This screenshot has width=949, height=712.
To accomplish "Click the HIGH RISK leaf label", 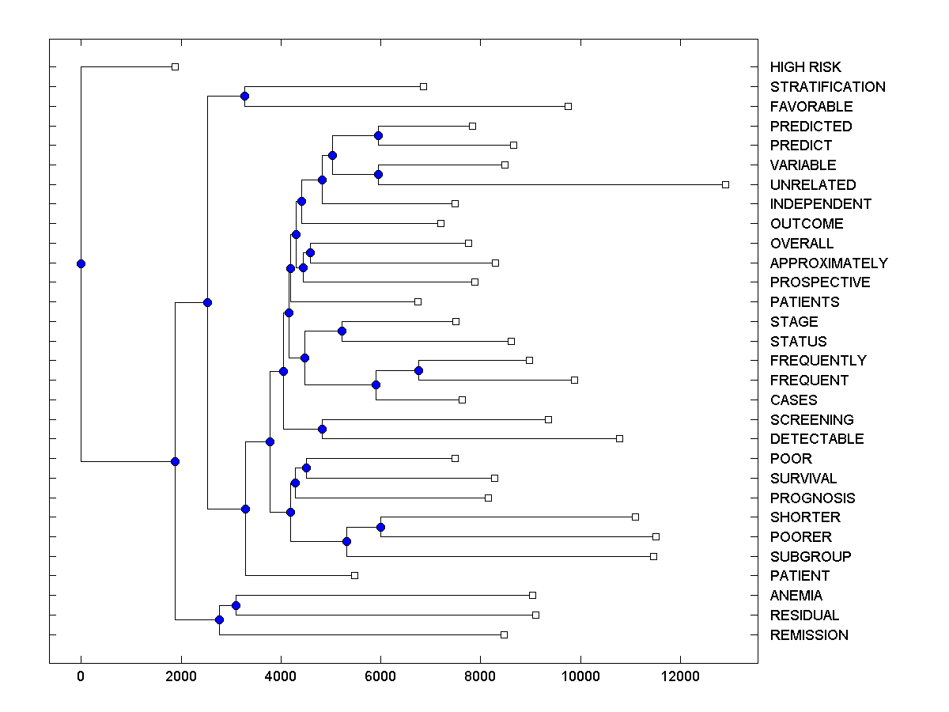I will coord(805,67).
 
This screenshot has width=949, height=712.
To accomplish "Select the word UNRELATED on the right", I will coord(812,184).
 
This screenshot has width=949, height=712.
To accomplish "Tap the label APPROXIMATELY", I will coord(828,263).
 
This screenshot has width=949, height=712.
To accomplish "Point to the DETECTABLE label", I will coord(816,439).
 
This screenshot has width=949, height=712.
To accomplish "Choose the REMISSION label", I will coord(808,635).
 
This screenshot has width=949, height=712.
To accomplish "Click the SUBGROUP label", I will coord(810,557).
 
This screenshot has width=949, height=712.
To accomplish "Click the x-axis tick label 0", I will coord(81,676).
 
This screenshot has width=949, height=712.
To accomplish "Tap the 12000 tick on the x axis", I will coord(680,676).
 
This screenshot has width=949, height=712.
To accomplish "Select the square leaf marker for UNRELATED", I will coord(725,184).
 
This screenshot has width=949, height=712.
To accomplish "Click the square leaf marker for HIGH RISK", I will coord(176,66).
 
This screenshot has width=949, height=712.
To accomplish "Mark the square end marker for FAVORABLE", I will coord(568,106).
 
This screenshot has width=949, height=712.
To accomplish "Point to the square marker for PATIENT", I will coord(354,575).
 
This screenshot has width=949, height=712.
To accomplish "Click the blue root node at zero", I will coord(81,263).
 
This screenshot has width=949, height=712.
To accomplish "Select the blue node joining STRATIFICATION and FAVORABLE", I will coord(244,96).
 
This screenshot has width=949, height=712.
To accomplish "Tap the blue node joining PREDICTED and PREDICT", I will coord(378,135).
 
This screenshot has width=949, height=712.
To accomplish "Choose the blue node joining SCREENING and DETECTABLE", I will coord(322,429).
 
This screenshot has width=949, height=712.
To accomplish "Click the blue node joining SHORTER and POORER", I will coord(380,527).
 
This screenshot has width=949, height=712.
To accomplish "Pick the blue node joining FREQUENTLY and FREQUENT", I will coord(418,370).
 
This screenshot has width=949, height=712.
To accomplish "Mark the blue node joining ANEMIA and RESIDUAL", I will coord(236,605).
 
